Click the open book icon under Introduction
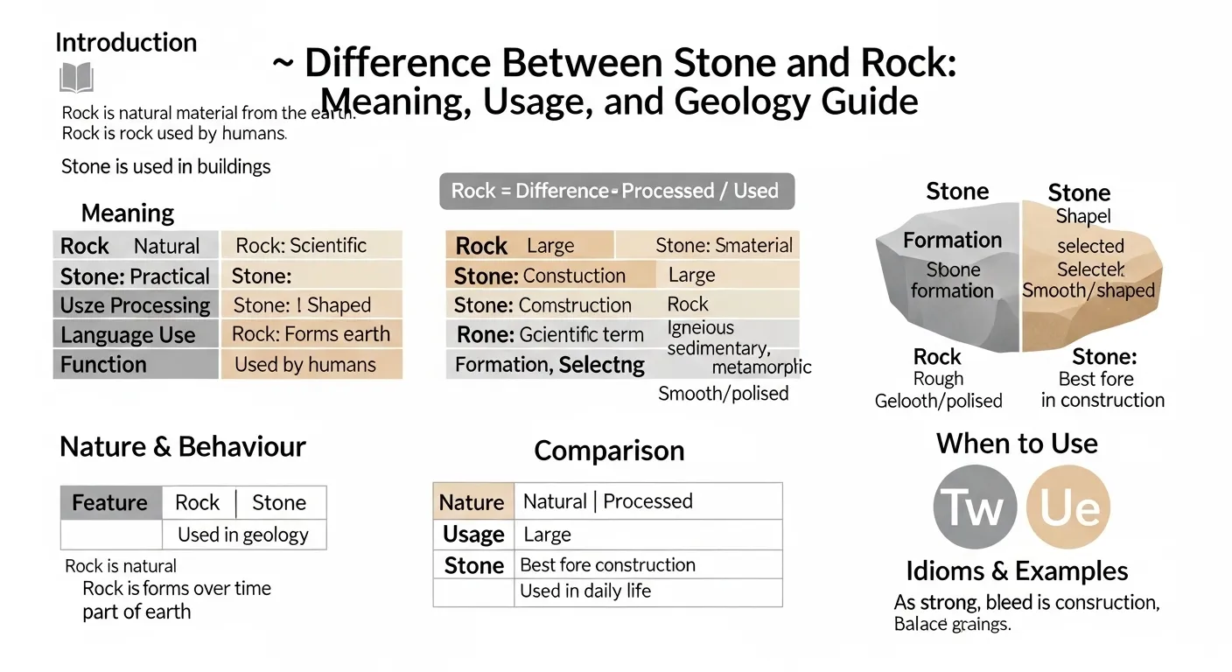tap(76, 78)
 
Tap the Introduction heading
tap(126, 43)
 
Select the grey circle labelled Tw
tap(975, 507)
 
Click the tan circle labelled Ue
tap(1067, 507)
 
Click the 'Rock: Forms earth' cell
tap(311, 334)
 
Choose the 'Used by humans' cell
tap(311, 365)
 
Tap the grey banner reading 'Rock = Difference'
tap(616, 191)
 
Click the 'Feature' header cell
tap(110, 503)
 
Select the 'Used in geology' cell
tap(243, 535)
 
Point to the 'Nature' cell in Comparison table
tap(472, 502)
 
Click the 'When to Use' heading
tap(1017, 444)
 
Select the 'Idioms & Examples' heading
tap(1017, 572)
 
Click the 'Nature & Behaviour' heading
tap(183, 447)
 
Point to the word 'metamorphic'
tap(761, 367)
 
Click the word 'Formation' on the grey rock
tap(952, 241)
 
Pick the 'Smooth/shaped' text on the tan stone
tap(1088, 290)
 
